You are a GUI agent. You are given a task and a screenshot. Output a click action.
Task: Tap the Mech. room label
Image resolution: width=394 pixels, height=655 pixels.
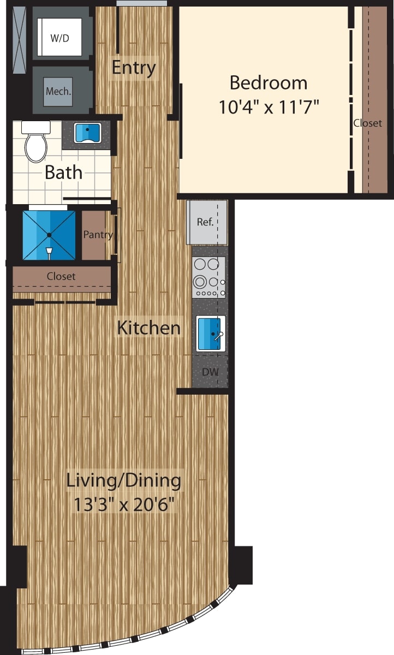click(x=58, y=91)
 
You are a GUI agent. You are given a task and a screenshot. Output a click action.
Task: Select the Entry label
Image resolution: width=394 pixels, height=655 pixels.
click(x=134, y=68)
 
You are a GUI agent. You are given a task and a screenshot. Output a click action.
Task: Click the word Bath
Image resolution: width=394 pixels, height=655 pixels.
click(x=63, y=172)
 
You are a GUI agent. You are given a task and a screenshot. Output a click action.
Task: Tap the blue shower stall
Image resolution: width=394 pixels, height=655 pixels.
click(x=49, y=235)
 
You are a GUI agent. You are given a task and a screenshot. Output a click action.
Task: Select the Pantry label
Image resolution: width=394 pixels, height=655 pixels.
click(x=98, y=235)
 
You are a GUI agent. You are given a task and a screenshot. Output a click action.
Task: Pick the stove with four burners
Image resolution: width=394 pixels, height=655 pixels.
click(x=208, y=277)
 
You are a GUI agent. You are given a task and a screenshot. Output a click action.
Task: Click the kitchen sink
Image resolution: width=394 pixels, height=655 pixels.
click(x=210, y=334)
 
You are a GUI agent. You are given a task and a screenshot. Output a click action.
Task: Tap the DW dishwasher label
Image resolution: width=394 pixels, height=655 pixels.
click(x=210, y=372)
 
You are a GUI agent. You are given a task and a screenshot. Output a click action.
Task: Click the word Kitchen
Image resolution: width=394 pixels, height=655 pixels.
click(x=149, y=328)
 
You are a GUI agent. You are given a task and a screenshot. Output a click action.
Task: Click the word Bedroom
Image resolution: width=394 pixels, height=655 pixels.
click(x=268, y=83)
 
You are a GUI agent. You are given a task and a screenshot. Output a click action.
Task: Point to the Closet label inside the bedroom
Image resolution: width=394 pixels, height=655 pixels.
click(x=367, y=123)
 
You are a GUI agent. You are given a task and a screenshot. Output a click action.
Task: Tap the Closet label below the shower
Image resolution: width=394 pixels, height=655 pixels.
click(x=61, y=276)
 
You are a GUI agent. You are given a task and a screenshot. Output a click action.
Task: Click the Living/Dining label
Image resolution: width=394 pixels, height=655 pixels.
click(x=123, y=481)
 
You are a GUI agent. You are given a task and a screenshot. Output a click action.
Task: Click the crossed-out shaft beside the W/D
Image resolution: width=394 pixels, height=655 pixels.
click(x=19, y=40)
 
